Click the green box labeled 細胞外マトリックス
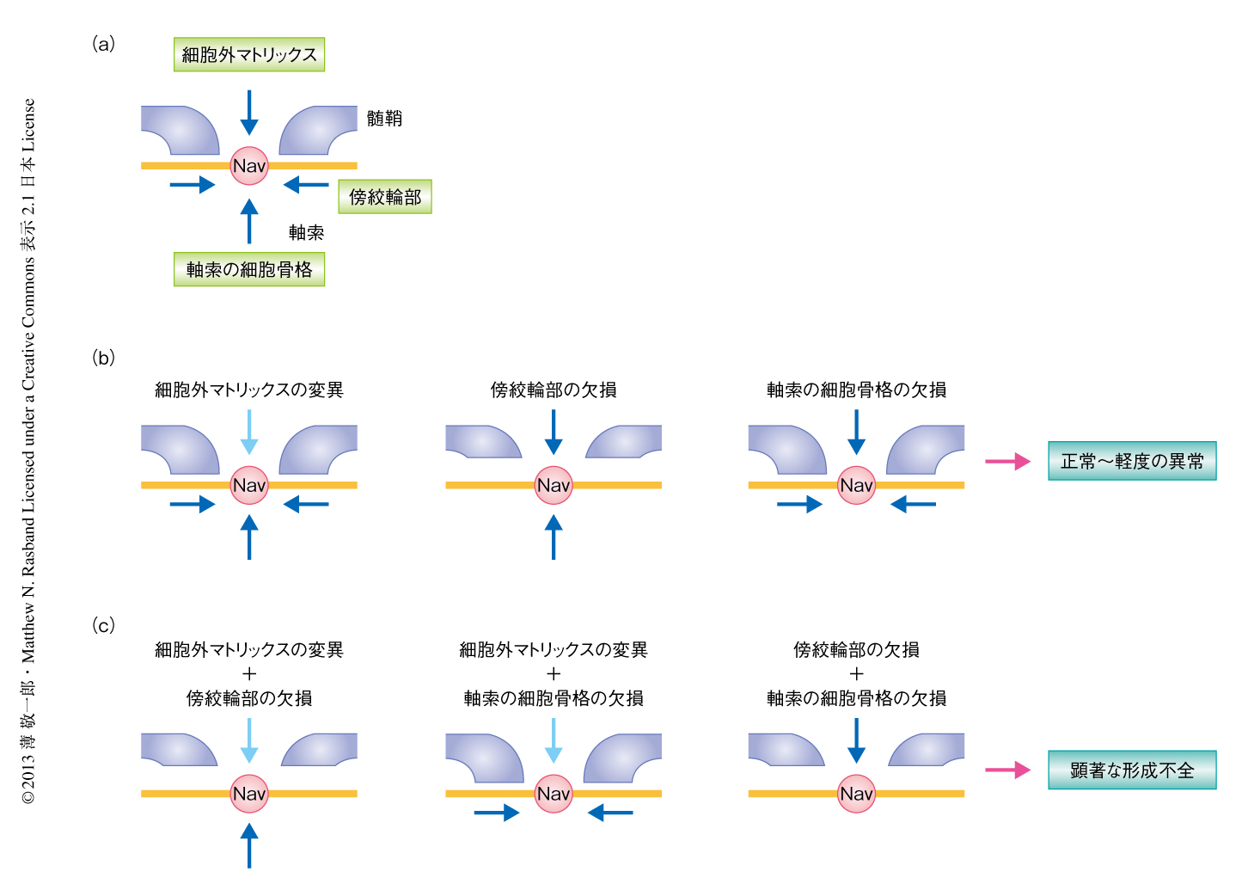click(x=249, y=55)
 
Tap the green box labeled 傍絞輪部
click(x=385, y=197)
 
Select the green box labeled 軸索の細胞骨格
click(x=249, y=270)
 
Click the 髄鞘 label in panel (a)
click(x=384, y=119)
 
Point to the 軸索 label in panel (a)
click(x=306, y=232)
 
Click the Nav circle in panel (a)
click(x=249, y=166)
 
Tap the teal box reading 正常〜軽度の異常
click(x=1132, y=462)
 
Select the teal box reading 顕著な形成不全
click(x=1132, y=770)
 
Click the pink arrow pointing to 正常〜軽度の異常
click(x=1007, y=462)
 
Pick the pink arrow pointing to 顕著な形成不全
click(x=1007, y=770)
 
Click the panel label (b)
click(x=103, y=358)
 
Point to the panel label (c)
click(x=103, y=625)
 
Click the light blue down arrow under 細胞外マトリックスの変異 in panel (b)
click(x=249, y=432)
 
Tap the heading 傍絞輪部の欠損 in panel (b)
click(x=554, y=390)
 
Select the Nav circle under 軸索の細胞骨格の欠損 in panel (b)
click(x=856, y=485)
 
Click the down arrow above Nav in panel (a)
click(x=249, y=113)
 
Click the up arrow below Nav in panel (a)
click(x=249, y=221)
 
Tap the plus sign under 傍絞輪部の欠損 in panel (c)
click(x=856, y=674)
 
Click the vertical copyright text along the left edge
click(x=29, y=451)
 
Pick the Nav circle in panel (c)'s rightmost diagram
click(x=856, y=794)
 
